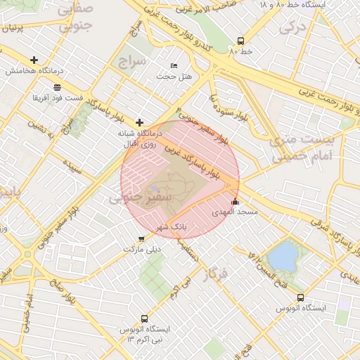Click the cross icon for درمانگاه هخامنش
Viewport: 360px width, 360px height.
click(34, 60)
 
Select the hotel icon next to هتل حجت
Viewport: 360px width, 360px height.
click(174, 65)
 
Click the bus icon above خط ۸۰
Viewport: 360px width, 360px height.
click(241, 41)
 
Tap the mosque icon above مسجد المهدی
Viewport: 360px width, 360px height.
click(235, 202)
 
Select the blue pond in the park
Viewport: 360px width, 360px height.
click(283, 257)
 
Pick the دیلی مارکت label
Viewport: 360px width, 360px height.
click(142, 249)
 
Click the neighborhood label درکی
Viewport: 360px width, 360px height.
click(290, 27)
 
